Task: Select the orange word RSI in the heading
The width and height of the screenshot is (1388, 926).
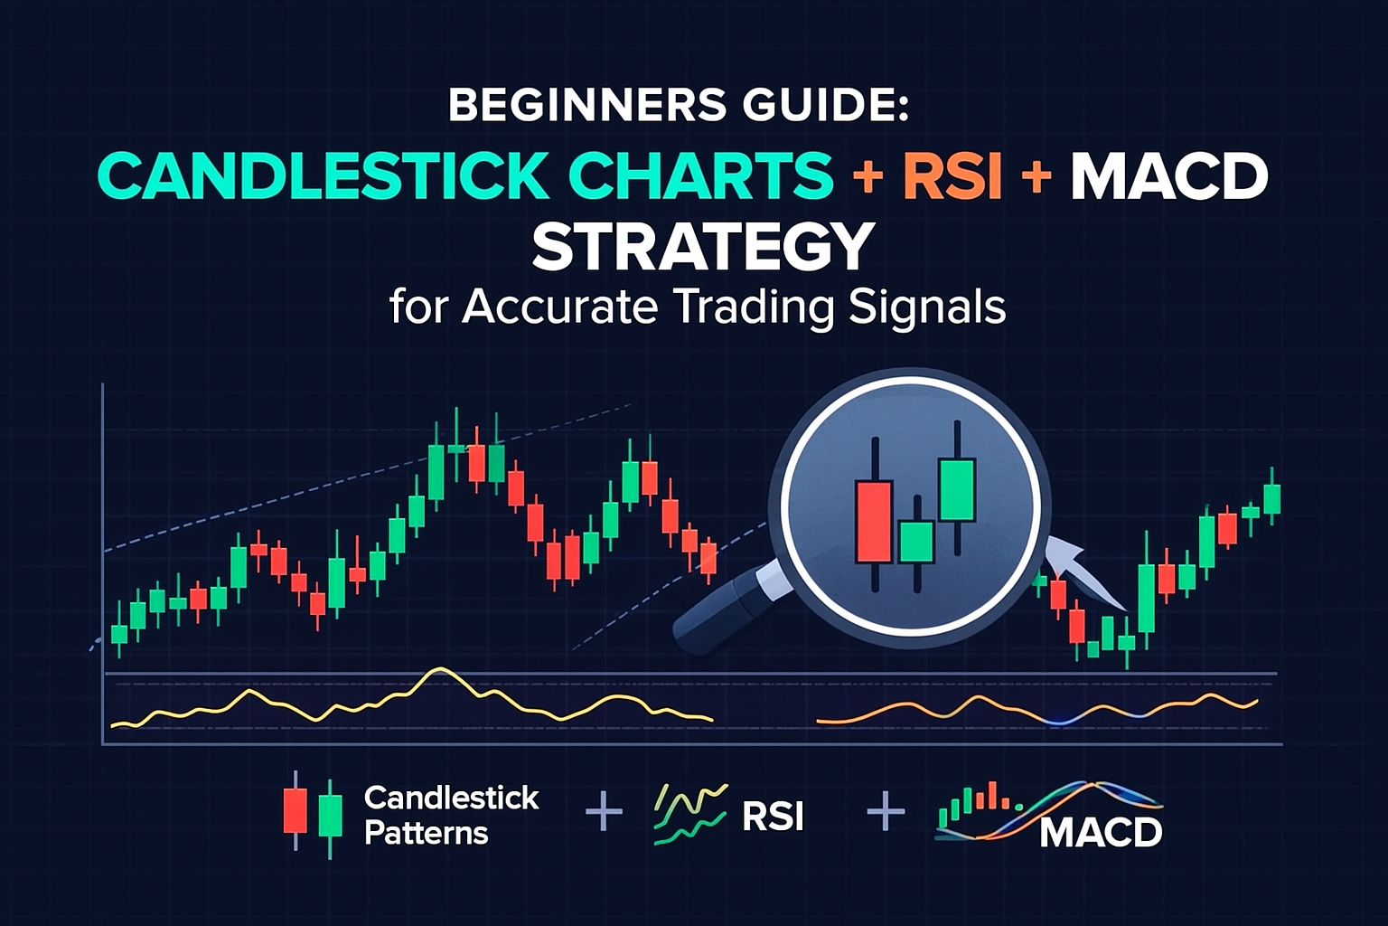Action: click(952, 175)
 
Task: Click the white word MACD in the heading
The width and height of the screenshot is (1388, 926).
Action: click(1169, 175)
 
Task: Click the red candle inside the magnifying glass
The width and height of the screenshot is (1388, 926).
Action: click(873, 521)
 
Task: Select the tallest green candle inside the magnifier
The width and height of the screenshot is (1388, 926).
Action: click(957, 490)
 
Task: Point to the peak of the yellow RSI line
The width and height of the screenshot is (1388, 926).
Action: click(440, 670)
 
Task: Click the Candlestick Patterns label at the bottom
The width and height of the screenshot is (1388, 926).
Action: click(451, 815)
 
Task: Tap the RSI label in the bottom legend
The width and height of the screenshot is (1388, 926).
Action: click(772, 817)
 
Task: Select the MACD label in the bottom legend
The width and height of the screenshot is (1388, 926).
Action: click(1100, 832)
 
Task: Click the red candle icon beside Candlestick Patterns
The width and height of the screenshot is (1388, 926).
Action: click(295, 810)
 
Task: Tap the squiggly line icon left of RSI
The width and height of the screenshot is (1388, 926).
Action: click(689, 813)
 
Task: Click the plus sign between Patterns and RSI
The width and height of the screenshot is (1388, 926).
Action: click(604, 811)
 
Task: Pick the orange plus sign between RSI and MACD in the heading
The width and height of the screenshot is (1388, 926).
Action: click(1036, 175)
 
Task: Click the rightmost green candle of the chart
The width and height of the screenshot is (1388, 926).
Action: click(1271, 498)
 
